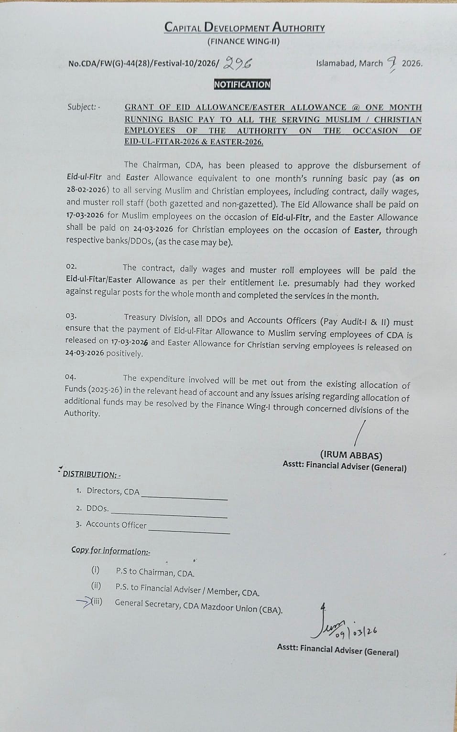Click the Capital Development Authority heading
244,27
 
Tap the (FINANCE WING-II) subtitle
243,42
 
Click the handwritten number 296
238,63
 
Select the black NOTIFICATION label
242,85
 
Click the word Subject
82,107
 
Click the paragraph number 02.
71,266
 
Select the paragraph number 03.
71,316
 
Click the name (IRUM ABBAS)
351,455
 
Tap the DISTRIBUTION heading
91,474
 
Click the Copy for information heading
110,551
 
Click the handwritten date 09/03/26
356,633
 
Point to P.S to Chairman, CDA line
155,572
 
